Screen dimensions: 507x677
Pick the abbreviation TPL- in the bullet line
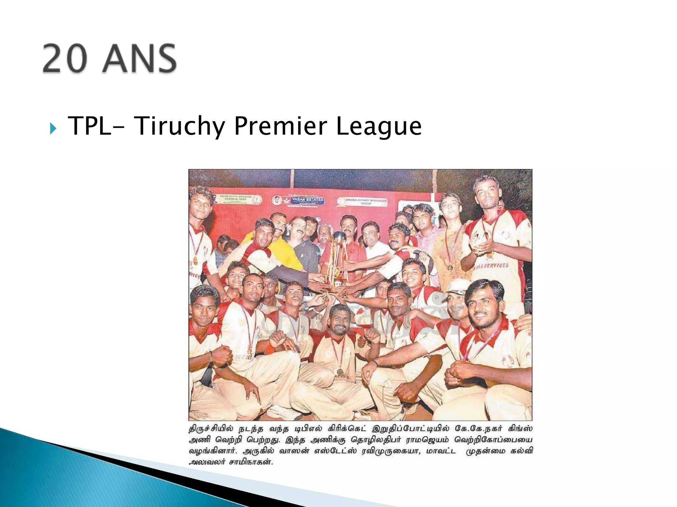[x=94, y=126]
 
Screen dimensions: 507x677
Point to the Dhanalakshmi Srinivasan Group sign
[x=362, y=201]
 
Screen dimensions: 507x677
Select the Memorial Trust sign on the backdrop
[x=231, y=199]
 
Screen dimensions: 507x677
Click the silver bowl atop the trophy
[x=339, y=236]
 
